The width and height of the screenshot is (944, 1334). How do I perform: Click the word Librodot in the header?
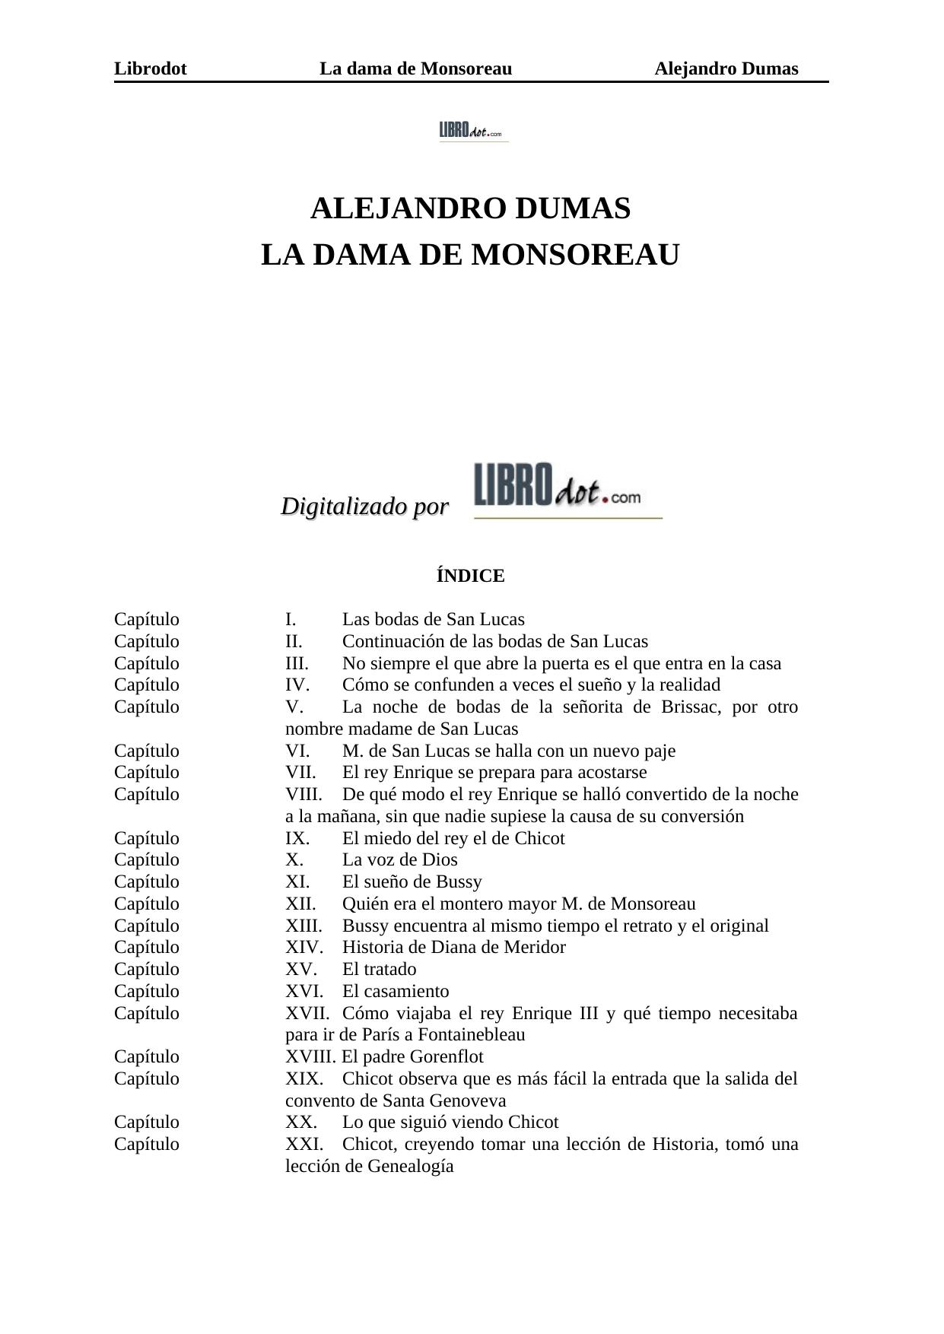click(150, 69)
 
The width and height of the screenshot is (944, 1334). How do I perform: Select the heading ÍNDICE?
click(470, 576)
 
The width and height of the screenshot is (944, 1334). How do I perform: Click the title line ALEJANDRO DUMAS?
click(470, 208)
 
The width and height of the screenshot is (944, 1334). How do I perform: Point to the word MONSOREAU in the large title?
click(575, 256)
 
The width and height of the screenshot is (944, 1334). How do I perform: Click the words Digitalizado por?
click(364, 506)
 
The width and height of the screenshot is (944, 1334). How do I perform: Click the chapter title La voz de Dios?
click(399, 860)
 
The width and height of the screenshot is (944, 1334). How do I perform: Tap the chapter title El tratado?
click(379, 970)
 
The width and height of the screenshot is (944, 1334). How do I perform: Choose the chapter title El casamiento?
click(395, 992)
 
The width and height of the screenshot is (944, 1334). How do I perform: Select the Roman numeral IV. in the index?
click(297, 685)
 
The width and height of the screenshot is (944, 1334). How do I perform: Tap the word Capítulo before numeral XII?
click(147, 904)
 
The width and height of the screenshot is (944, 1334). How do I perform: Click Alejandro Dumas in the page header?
click(726, 69)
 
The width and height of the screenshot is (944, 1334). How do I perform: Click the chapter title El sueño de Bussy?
click(412, 882)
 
